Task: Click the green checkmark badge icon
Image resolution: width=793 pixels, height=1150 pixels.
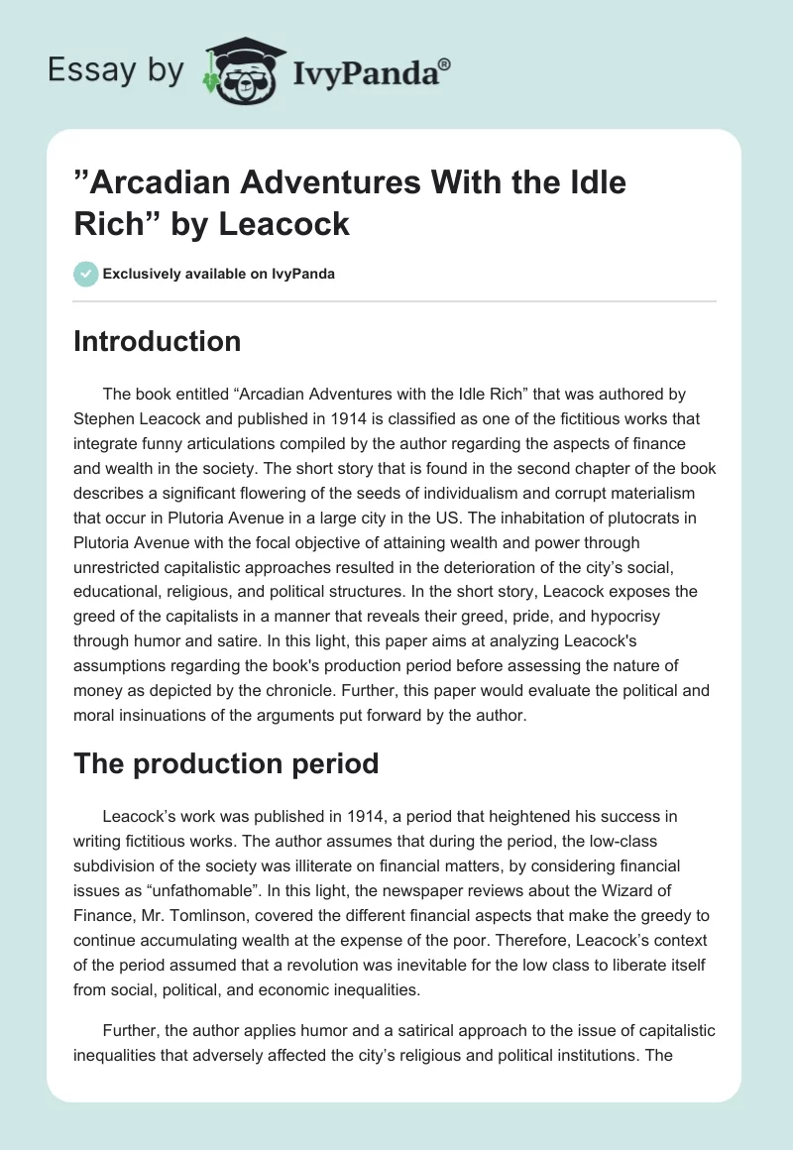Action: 86,274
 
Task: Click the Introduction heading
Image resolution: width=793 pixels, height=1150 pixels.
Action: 158,341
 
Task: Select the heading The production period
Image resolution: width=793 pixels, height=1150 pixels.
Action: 226,764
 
